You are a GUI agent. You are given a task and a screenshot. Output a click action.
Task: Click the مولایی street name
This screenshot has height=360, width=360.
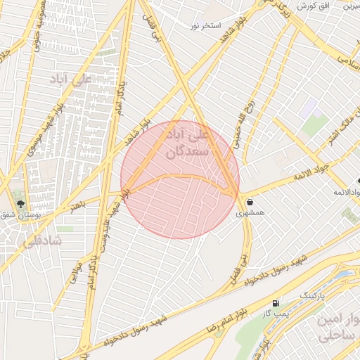click(x=76, y=273)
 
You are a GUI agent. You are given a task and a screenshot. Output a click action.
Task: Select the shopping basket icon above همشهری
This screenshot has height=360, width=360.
click(x=250, y=202)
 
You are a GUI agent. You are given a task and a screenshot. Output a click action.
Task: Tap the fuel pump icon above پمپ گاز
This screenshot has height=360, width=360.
click(x=276, y=303)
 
